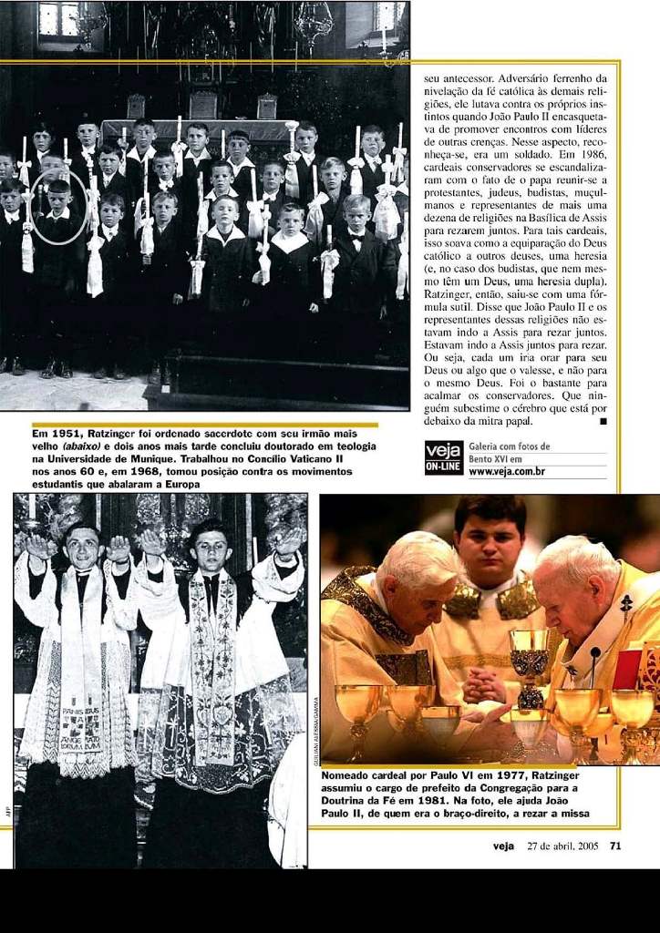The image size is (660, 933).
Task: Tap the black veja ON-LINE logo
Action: (x=444, y=457)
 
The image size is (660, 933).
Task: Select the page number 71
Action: (x=614, y=846)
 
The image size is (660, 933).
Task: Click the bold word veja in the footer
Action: (x=503, y=846)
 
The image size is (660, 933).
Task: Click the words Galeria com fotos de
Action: (x=509, y=446)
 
